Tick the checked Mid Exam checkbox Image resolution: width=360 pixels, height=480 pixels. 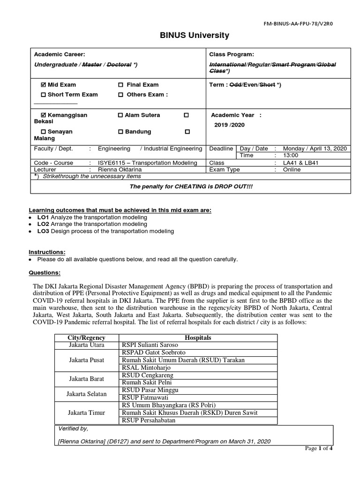pyautogui.click(x=44, y=85)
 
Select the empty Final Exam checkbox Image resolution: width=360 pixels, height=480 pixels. pyautogui.click(x=120, y=85)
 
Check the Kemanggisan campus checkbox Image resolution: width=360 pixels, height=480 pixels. pyautogui.click(x=44, y=115)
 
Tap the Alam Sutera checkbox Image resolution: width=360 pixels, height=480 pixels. pyautogui.click(x=120, y=115)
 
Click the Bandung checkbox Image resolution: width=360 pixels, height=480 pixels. pyautogui.click(x=120, y=132)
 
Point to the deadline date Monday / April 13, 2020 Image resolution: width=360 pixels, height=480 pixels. pyautogui.click(x=315, y=149)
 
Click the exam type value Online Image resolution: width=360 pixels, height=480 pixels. pyautogui.click(x=292, y=169)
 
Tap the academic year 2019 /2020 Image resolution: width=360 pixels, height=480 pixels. pyautogui.click(x=229, y=125)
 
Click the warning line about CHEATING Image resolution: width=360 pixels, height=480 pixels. pyautogui.click(x=190, y=186)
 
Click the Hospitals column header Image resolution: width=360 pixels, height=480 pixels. pyautogui.click(x=198, y=337)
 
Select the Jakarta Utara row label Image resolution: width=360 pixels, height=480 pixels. pyautogui.click(x=87, y=345)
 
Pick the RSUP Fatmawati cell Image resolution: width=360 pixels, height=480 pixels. pyautogui.click(x=146, y=397)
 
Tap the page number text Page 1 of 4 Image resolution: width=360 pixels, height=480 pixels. pyautogui.click(x=319, y=449)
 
